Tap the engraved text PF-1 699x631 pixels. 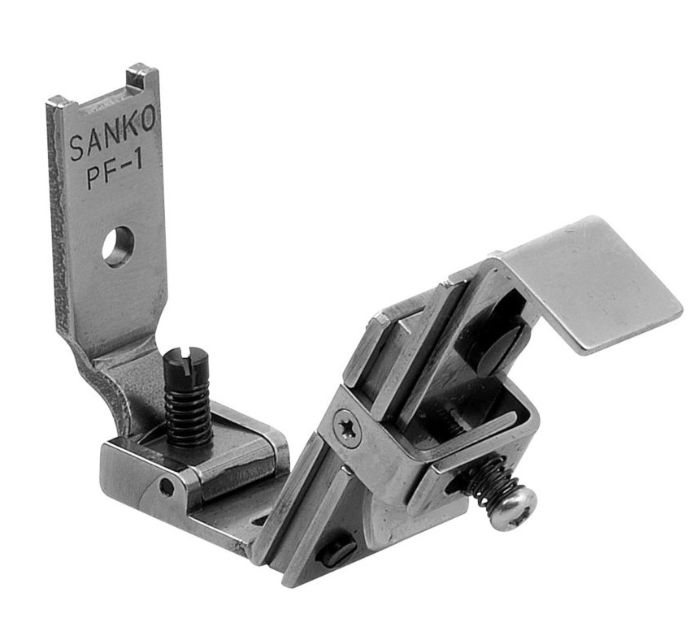coord(114,171)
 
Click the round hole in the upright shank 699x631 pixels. coord(118,247)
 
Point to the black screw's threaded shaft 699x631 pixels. coord(188,414)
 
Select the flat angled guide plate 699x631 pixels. coord(593,284)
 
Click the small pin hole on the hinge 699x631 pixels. coord(167,487)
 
